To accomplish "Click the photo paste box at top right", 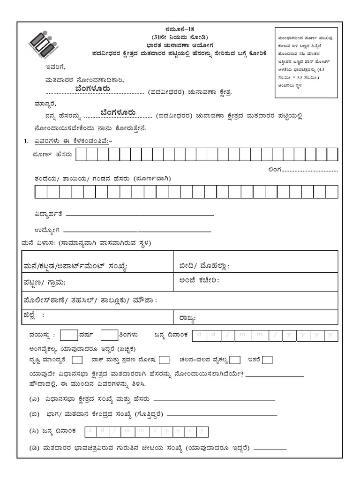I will click(306, 62).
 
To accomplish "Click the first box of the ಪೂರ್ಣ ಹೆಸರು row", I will click(82, 154).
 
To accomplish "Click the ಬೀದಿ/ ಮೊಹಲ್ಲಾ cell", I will click(255, 266).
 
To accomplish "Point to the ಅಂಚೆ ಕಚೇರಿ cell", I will click(255, 282).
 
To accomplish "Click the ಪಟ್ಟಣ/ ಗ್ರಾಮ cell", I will click(97, 282).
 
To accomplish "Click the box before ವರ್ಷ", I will click(69, 335).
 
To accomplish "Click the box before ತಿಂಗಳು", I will click(109, 335).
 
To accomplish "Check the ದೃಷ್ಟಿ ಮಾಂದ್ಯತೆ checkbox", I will click(78, 360).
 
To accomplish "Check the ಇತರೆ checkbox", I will click(268, 360).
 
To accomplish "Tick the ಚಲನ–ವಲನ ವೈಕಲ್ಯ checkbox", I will click(235, 360).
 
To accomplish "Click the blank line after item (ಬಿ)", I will click(222, 416).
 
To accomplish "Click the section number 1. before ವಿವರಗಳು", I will click(26, 141).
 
